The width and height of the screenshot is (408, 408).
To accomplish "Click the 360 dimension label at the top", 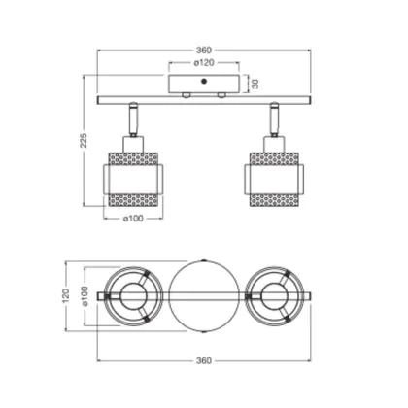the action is pyautogui.click(x=204, y=51).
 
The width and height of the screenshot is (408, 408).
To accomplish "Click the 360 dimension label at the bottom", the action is pyautogui.click(x=204, y=360).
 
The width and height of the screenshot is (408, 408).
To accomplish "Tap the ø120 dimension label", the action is pyautogui.click(x=204, y=63).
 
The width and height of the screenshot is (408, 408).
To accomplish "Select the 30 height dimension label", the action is pyautogui.click(x=255, y=84).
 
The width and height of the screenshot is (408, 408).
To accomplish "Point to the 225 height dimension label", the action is pyautogui.click(x=84, y=140).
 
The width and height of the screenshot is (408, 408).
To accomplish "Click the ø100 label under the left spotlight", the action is pyautogui.click(x=133, y=219).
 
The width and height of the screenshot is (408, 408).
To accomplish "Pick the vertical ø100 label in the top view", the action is pyautogui.click(x=85, y=296).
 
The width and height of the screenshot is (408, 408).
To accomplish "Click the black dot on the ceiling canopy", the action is pyautogui.click(x=204, y=81).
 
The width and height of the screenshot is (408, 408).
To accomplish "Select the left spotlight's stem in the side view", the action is pyautogui.click(x=133, y=119).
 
